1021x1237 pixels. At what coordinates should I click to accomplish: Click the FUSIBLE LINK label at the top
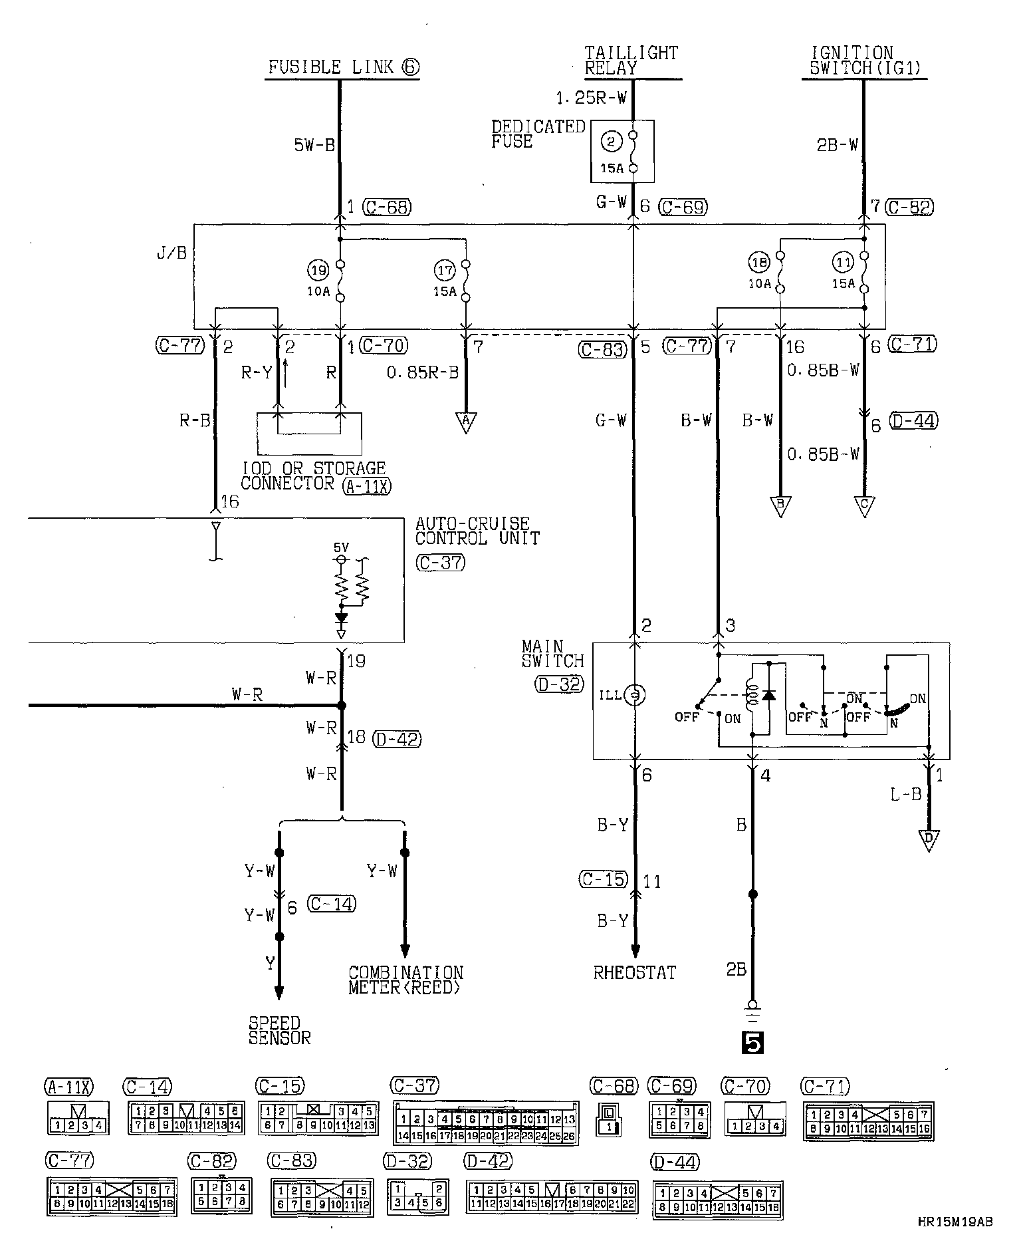(x=343, y=67)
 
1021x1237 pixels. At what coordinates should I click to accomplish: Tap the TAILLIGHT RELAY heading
(x=631, y=60)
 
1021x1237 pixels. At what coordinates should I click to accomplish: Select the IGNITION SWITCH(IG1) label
(x=863, y=60)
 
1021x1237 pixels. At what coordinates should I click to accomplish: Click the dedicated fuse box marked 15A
(x=622, y=151)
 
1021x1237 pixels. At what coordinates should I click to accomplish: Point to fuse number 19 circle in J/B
(x=318, y=269)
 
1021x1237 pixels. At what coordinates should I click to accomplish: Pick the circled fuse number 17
(x=445, y=269)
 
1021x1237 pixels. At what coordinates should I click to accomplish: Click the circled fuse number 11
(x=844, y=261)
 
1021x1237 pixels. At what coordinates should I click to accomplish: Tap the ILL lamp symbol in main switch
(x=635, y=695)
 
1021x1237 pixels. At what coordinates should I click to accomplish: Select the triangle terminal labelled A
(x=466, y=422)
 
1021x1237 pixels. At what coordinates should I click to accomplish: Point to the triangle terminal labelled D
(x=929, y=840)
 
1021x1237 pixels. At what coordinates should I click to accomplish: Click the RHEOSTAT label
(x=634, y=972)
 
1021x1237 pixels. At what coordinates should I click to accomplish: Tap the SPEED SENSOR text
(x=279, y=1030)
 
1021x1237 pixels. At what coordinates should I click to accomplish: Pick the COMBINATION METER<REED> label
(x=405, y=980)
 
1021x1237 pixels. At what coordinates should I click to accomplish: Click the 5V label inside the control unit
(x=341, y=547)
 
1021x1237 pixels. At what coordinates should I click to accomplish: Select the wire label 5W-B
(x=315, y=145)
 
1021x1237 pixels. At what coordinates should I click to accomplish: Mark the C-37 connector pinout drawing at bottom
(x=486, y=1123)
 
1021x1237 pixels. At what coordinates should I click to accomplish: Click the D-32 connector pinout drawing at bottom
(x=417, y=1196)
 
